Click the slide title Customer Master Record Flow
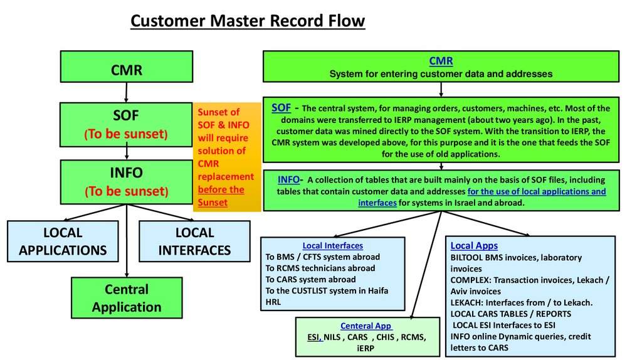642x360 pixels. [x=247, y=21]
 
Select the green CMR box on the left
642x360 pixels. [x=127, y=70]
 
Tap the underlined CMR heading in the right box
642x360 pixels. [x=441, y=61]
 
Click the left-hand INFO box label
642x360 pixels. [x=127, y=172]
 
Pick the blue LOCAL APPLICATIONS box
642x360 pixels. [x=63, y=241]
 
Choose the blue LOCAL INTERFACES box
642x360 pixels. [x=194, y=241]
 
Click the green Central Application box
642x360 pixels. [x=127, y=298]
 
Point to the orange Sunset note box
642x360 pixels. [x=226, y=157]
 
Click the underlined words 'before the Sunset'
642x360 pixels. [x=221, y=196]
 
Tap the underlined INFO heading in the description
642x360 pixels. [x=288, y=179]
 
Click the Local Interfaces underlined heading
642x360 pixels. [x=332, y=246]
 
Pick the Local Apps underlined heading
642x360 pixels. [x=474, y=246]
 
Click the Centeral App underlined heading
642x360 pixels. [x=366, y=326]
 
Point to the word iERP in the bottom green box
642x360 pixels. [x=365, y=348]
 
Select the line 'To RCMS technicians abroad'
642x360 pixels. [x=320, y=268]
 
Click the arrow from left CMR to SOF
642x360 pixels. [x=127, y=92]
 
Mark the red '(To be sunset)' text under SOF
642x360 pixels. [x=127, y=134]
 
